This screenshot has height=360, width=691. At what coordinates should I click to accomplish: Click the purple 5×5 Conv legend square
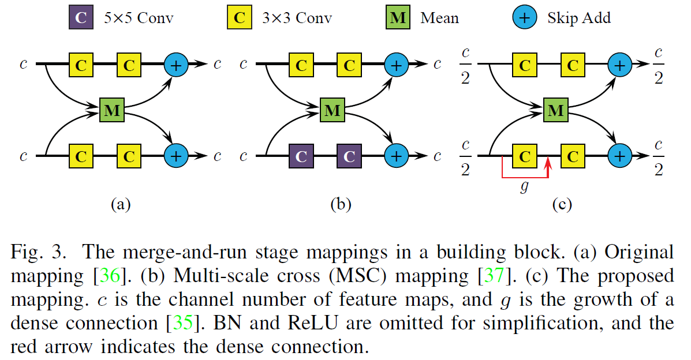(81, 17)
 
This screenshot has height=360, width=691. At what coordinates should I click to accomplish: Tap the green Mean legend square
(398, 17)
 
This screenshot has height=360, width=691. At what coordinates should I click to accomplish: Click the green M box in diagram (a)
(112, 110)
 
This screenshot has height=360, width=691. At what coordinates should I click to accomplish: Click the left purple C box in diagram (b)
(301, 156)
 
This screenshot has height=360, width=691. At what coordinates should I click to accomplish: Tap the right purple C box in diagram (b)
(349, 156)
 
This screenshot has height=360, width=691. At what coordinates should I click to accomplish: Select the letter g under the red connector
(524, 187)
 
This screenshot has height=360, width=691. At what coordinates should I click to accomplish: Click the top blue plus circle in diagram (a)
(176, 65)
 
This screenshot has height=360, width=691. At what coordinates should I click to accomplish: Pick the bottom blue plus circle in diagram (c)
(619, 156)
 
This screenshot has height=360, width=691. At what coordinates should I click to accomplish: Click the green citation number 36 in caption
(109, 276)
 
